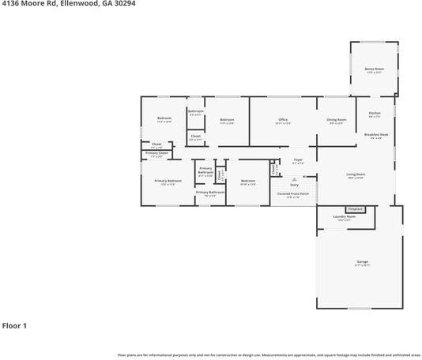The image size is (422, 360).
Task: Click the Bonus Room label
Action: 373,69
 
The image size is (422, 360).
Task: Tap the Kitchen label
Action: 375,113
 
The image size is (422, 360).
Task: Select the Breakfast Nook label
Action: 376,135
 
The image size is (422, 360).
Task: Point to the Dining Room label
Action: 336,120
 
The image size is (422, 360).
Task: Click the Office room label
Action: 282,120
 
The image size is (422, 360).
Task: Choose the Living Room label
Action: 356,174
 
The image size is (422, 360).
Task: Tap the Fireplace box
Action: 355,209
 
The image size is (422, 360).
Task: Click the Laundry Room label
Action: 345,216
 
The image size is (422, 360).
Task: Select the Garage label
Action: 362,262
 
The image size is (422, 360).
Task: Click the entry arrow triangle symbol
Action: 294,178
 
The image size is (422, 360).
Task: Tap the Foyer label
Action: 298,160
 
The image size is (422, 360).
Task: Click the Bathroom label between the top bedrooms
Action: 196,111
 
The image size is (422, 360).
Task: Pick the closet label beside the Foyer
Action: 274,168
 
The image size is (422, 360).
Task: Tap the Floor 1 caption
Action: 15,325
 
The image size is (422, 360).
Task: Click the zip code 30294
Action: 123,5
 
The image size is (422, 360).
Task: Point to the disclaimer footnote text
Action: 269,354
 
